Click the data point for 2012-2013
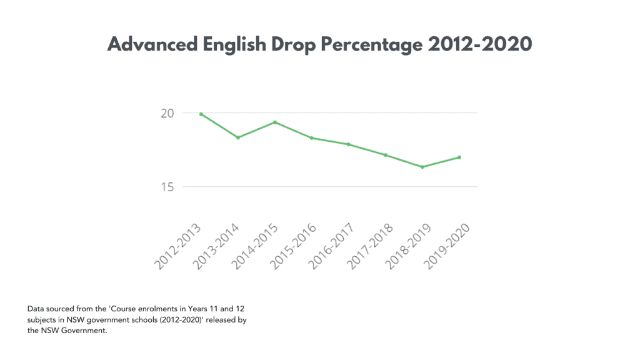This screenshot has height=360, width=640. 201,114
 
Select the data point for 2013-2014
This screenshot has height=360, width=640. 238,137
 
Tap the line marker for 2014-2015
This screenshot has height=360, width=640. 275,122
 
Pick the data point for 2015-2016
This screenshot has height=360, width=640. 312,138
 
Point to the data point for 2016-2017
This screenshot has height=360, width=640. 349,144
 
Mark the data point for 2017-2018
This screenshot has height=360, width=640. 386,155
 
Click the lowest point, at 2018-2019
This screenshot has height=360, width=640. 422,167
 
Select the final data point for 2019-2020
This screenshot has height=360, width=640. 459,157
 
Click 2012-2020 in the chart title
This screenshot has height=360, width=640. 482,44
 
